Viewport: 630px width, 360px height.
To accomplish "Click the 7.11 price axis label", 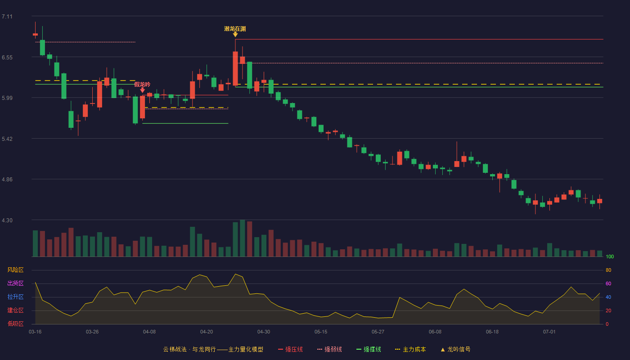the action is click(x=7, y=17).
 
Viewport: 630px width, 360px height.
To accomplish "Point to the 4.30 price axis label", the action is click(x=7, y=220).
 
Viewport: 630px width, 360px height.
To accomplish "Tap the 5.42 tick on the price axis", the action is click(x=7, y=139).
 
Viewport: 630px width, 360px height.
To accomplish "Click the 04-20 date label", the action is click(x=207, y=332).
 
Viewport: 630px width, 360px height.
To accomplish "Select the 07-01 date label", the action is click(x=549, y=332).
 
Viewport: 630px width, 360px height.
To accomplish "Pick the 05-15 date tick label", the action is click(x=321, y=332).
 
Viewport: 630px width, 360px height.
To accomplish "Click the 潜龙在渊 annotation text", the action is click(x=235, y=29).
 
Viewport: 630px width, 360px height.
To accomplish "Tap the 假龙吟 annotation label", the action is click(x=142, y=85).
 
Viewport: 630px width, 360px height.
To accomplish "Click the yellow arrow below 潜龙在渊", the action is click(x=235, y=34).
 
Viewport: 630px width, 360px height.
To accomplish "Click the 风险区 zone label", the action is click(x=15, y=270).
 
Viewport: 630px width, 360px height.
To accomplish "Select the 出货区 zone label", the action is click(x=15, y=283).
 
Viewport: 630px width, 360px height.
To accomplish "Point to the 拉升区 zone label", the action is click(x=15, y=297).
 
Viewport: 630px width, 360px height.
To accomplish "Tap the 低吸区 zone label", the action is click(x=15, y=324).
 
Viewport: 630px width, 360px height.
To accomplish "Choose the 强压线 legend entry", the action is click(x=290, y=349).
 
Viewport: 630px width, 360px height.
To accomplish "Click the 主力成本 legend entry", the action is click(x=410, y=349).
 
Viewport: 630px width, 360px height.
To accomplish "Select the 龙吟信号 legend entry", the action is click(x=455, y=349).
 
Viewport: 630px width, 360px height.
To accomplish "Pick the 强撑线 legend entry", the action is click(x=369, y=349).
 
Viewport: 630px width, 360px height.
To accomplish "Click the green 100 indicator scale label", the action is click(x=610, y=256).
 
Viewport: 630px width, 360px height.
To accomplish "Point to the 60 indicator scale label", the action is click(x=608, y=283).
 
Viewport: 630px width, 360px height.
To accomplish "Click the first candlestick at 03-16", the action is click(x=35, y=34).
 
